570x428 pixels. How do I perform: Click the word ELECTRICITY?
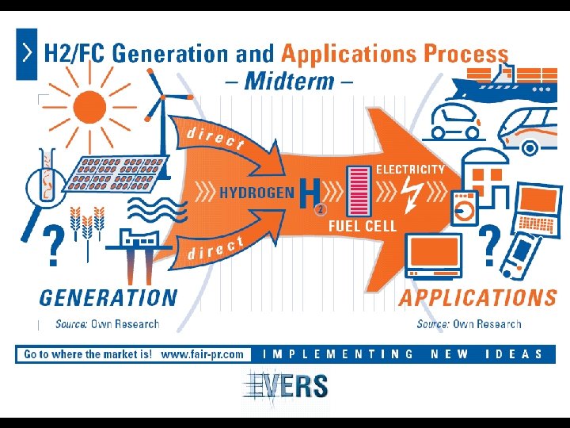coord(410,169)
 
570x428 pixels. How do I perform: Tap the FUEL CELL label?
coord(362,226)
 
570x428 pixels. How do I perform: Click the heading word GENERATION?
coord(108,298)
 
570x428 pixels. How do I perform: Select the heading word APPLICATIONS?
coord(477,298)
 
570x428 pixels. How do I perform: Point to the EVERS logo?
coord(285,386)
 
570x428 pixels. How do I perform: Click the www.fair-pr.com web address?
coord(202,354)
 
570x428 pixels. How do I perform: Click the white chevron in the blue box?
coord(27,53)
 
